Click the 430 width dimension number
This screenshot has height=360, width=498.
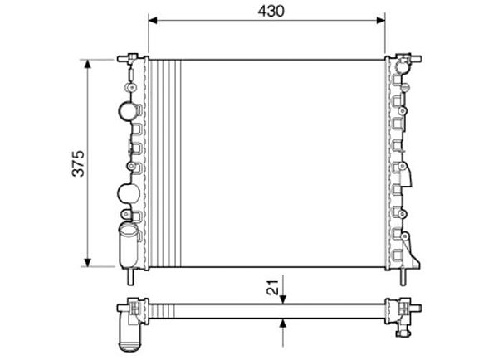tap(271, 12)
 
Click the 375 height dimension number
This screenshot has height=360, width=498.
tap(78, 163)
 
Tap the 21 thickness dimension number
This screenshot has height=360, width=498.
tap(273, 287)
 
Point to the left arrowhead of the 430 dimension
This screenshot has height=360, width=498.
tap(153, 21)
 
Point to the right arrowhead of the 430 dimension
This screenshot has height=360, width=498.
tap(380, 21)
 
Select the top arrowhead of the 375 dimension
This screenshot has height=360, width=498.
tap(88, 64)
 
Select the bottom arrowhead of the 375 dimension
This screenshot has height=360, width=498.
tap(88, 262)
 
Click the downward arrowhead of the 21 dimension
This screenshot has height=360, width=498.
tap(283, 299)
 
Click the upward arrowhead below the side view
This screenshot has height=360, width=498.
tap(283, 323)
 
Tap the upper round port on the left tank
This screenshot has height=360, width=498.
tap(127, 110)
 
